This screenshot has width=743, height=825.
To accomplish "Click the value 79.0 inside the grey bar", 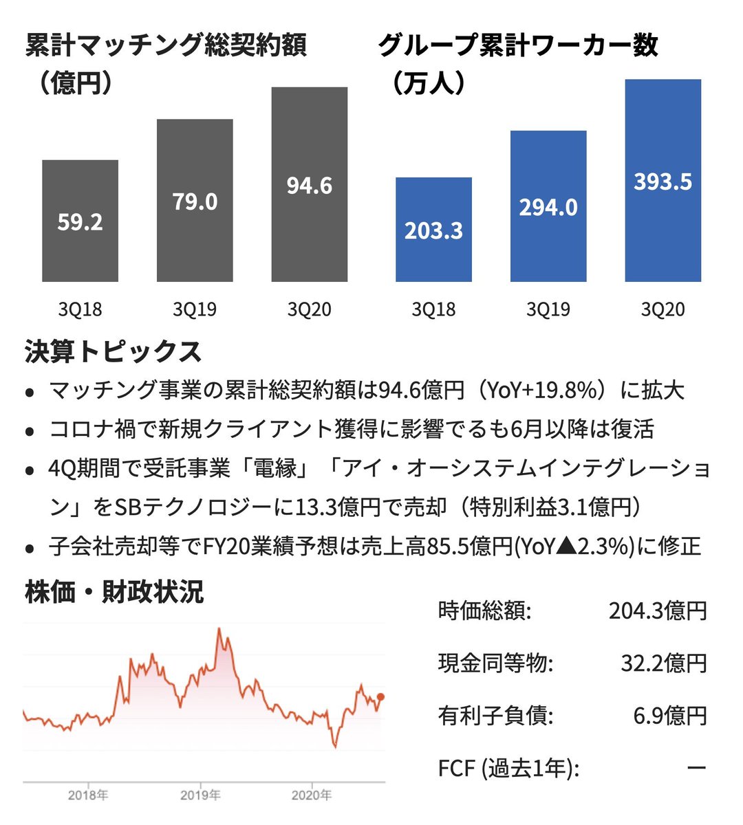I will click(195, 201).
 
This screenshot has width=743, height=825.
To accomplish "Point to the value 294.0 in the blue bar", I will click(548, 207).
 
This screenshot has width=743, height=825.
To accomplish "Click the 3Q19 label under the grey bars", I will click(195, 309).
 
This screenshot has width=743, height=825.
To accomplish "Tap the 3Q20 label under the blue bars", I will click(663, 309).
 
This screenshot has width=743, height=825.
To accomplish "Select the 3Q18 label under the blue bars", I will click(433, 309).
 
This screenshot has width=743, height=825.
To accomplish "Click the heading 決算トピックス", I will click(114, 351).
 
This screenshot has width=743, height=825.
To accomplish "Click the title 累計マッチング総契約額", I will click(165, 45).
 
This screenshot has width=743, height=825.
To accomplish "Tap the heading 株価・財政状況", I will click(114, 592).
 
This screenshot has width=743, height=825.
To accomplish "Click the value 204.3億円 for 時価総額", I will click(657, 610).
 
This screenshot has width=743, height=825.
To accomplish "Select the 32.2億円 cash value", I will click(663, 663).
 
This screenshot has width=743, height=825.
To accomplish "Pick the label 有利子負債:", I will click(495, 716).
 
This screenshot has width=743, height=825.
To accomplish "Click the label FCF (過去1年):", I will click(508, 767).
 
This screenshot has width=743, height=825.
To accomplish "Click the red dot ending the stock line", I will click(382, 696).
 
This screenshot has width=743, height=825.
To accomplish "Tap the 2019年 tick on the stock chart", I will click(200, 795).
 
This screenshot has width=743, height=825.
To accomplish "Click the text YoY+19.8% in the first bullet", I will click(541, 390).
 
